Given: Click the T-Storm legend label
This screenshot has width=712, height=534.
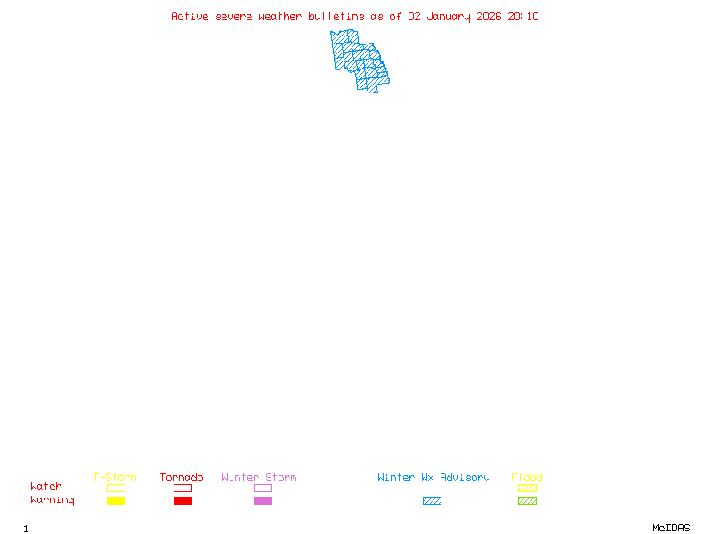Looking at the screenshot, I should tap(115, 478).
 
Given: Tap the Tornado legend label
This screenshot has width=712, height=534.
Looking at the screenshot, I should tap(182, 478).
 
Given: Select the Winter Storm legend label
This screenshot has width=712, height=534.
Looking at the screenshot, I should tap(259, 478).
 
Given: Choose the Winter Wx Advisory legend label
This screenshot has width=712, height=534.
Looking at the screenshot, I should tap(433, 478).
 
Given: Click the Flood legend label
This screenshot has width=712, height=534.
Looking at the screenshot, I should tap(527, 478).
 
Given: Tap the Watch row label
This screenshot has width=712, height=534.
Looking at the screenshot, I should tap(46, 487).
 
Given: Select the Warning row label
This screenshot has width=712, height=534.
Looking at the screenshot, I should tap(53, 500).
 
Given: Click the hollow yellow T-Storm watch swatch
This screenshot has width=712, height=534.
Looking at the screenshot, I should tap(116, 488).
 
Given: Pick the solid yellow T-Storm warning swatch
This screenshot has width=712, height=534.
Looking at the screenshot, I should tap(116, 500).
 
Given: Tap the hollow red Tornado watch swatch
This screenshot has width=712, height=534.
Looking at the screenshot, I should tap(182, 488).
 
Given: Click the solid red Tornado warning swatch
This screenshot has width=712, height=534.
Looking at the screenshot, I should tap(182, 500).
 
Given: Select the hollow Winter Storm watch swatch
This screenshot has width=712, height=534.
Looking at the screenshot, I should tap(263, 488).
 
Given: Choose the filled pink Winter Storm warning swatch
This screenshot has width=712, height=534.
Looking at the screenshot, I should tap(263, 500).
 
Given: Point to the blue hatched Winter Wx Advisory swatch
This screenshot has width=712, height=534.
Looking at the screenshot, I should tap(432, 500).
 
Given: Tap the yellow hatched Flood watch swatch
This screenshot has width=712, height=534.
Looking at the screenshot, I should tap(527, 488).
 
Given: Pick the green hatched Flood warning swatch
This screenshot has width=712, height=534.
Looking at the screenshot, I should tap(527, 500).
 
